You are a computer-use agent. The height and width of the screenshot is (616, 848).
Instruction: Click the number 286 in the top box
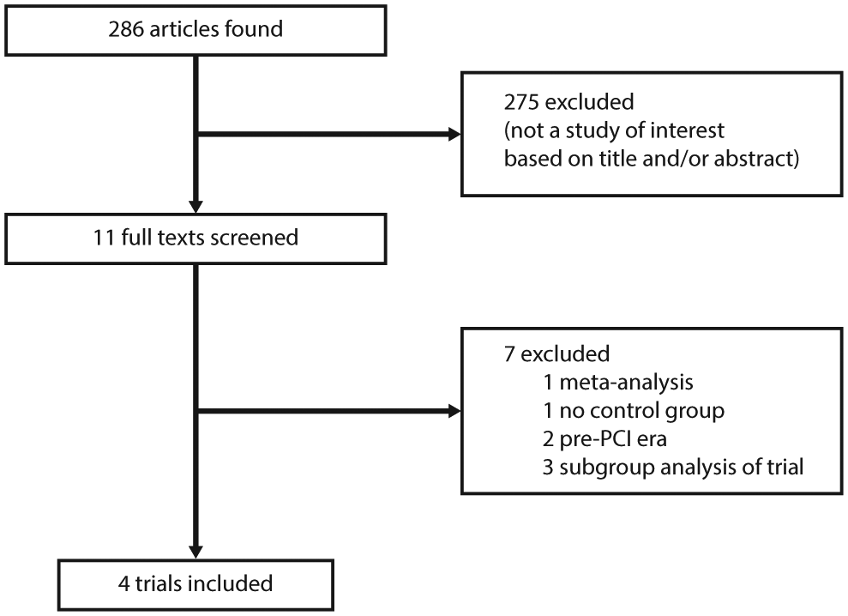pos(126,29)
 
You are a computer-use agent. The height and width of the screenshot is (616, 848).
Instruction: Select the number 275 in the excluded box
pos(521,102)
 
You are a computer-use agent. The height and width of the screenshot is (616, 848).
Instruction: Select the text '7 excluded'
pos(556,354)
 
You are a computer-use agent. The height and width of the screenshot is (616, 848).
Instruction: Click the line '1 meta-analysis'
pos(617,382)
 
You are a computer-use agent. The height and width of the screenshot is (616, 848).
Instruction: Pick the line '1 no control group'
pos(634,411)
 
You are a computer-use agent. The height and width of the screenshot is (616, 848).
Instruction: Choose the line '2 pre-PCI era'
pos(604,439)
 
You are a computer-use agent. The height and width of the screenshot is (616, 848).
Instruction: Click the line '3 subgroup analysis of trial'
pos(673,467)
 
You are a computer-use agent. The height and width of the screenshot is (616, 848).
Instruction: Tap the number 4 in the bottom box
pos(123,584)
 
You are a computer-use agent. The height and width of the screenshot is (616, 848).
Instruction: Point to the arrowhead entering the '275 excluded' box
pos(454,134)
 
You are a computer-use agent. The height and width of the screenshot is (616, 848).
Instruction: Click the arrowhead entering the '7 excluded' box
pos(454,412)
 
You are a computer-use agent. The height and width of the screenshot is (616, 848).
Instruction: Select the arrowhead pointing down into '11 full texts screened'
pos(195,208)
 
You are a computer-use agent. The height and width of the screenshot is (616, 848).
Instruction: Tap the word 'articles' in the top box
pos(184,29)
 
